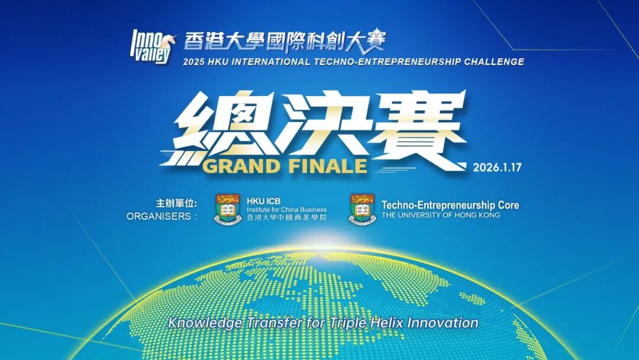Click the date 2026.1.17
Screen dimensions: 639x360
coord(497,167)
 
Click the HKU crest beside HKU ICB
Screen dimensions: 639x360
coord(228,209)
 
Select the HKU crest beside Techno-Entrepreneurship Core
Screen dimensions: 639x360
coord(362,209)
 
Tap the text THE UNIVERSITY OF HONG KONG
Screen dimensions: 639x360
coord(441,215)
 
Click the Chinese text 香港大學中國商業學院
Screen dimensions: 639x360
coord(287,217)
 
